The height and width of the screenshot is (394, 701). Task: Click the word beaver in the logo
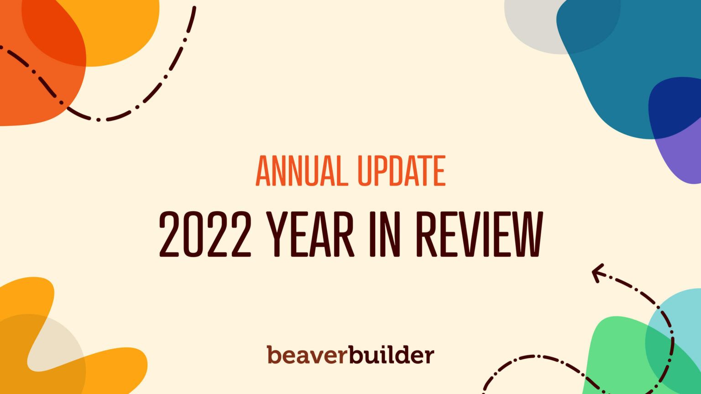coord(307,355)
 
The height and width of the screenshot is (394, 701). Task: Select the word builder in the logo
coord(392,355)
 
